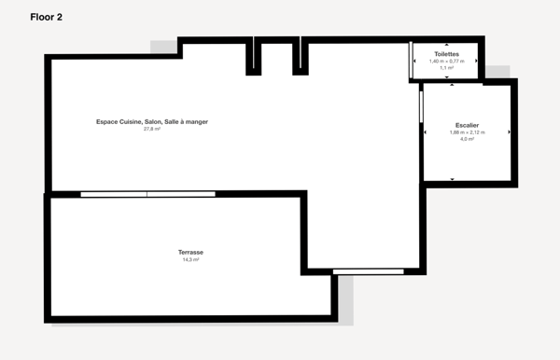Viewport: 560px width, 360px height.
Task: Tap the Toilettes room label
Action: (446, 55)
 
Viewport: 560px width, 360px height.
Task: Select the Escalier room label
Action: (468, 125)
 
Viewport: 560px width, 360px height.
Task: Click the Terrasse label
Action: (191, 253)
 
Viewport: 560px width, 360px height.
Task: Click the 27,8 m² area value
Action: (152, 130)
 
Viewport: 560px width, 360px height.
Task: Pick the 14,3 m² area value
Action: (191, 260)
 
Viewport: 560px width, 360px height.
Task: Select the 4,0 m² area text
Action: (468, 140)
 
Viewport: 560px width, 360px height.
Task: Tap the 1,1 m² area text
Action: (446, 68)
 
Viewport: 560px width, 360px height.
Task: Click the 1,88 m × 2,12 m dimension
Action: (468, 132)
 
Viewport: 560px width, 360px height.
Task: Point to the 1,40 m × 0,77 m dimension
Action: (446, 62)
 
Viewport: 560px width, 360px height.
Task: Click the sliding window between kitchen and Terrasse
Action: (147, 194)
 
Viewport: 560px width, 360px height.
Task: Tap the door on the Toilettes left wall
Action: (412, 60)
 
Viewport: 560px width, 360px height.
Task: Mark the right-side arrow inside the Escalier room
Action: (510, 132)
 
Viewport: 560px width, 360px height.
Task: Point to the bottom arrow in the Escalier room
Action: (452, 178)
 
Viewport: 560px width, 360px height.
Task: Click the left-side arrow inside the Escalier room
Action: (427, 132)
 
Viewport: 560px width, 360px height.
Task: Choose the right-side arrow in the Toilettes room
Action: (476, 62)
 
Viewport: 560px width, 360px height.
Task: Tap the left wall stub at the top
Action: (253, 58)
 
